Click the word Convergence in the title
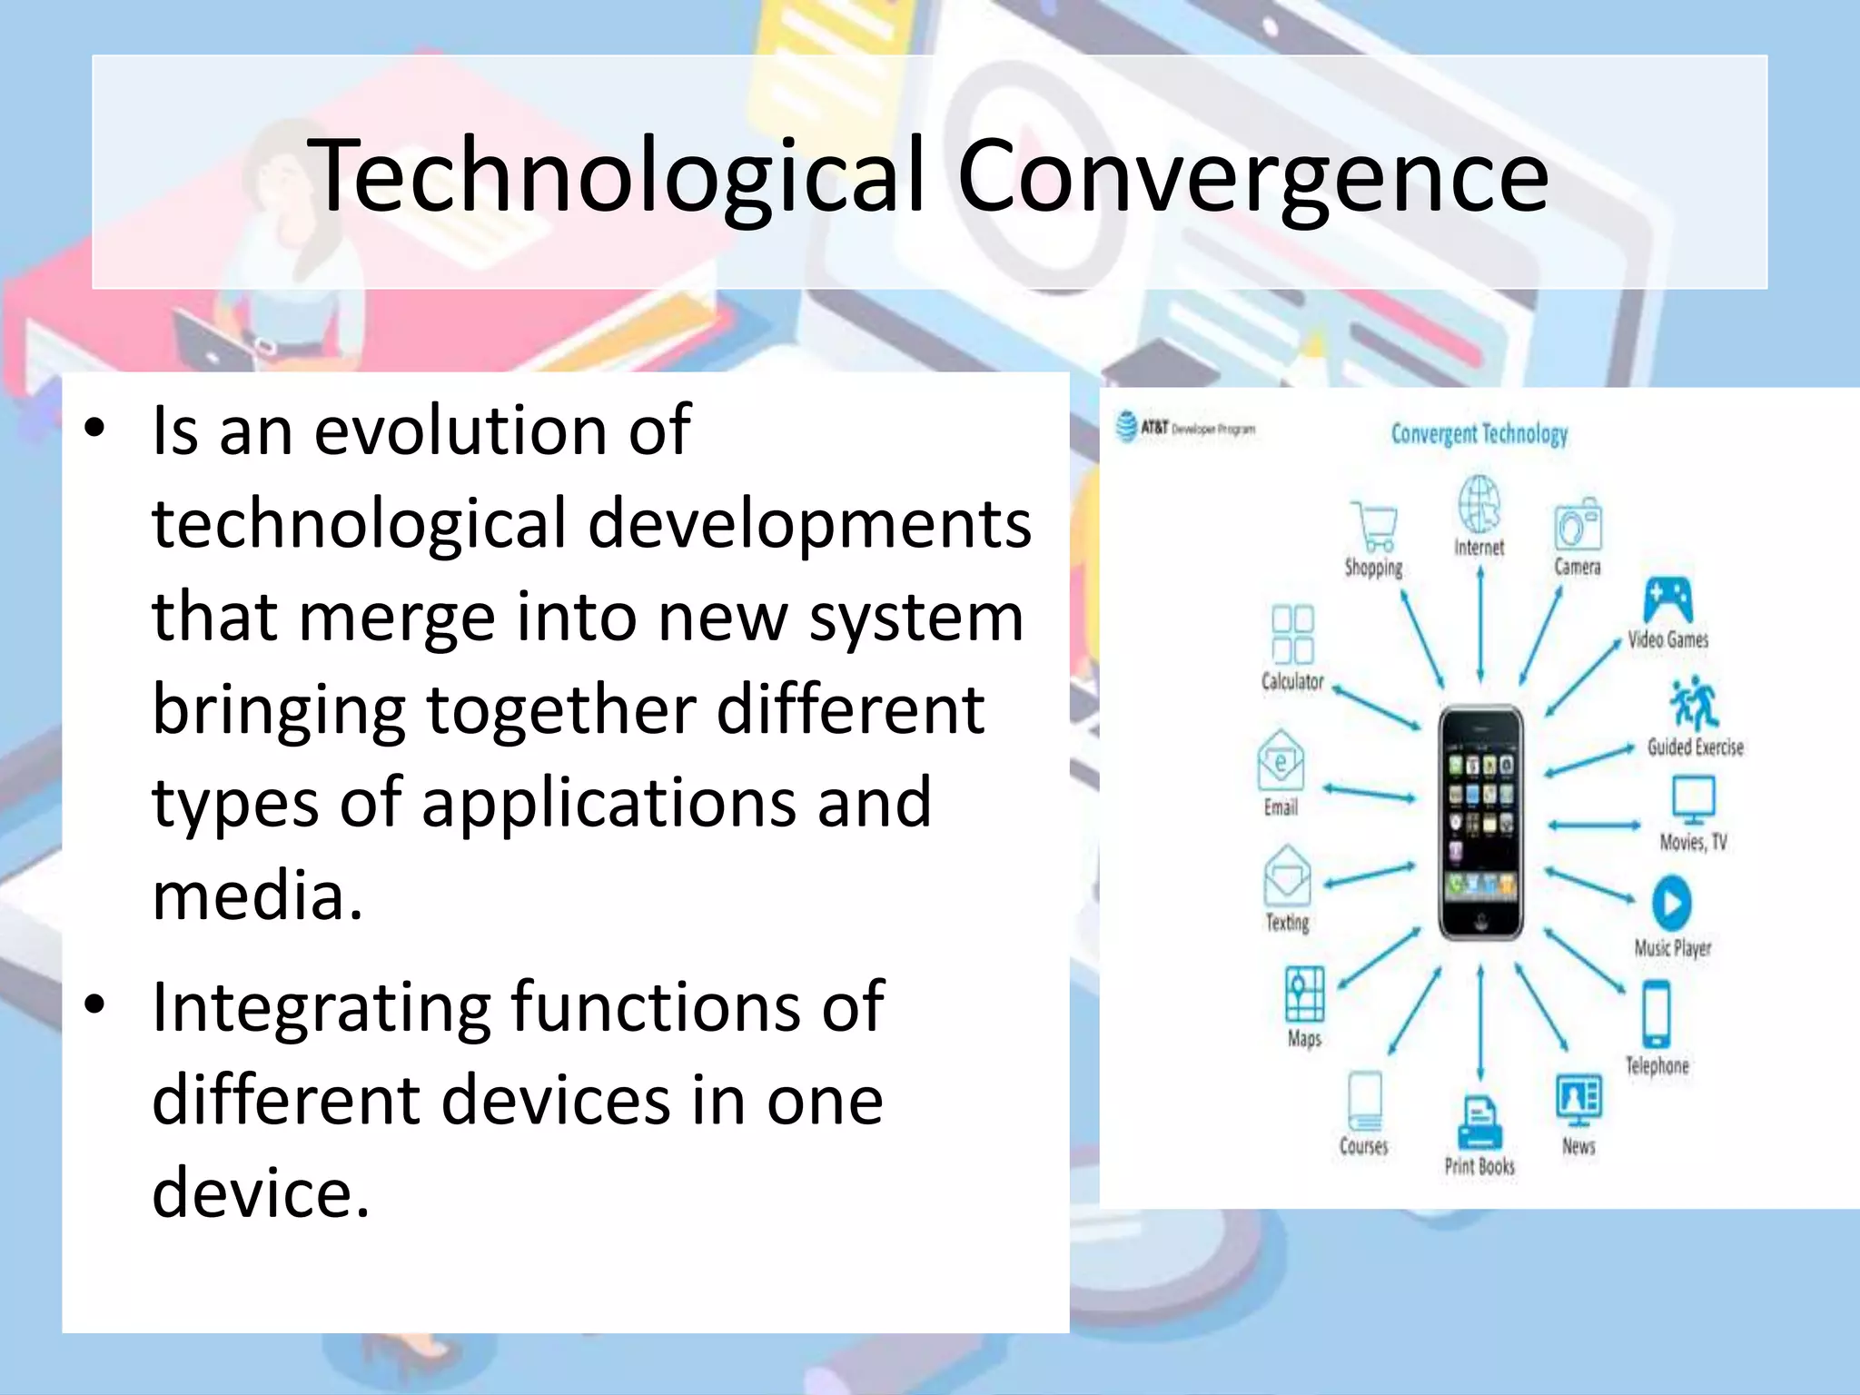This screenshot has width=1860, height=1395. pyautogui.click(x=1252, y=177)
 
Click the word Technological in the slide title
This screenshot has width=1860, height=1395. pyautogui.click(x=618, y=177)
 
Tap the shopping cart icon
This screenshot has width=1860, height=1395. pyautogui.click(x=1374, y=527)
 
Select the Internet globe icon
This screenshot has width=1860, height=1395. pyautogui.click(x=1479, y=504)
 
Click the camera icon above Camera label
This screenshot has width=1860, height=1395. pyautogui.click(x=1578, y=525)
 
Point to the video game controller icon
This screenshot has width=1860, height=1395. pyautogui.click(x=1667, y=599)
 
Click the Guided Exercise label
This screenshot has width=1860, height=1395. pyautogui.click(x=1695, y=747)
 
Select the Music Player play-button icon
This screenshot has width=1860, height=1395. pyautogui.click(x=1671, y=903)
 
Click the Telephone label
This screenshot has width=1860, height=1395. pyautogui.click(x=1657, y=1065)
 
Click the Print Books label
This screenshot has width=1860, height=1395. pyautogui.click(x=1479, y=1166)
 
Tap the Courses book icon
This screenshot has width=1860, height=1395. pyautogui.click(x=1364, y=1100)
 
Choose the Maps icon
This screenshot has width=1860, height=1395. pyautogui.click(x=1305, y=995)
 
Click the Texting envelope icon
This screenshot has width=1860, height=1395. pyautogui.click(x=1286, y=876)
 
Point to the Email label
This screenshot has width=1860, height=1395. pyautogui.click(x=1281, y=807)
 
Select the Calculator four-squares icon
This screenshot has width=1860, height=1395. pyautogui.click(x=1292, y=635)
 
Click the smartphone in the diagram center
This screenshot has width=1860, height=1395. pyautogui.click(x=1480, y=822)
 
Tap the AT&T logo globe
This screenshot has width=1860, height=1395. pyautogui.click(x=1126, y=426)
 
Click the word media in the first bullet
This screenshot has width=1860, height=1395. pyautogui.click(x=257, y=895)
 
